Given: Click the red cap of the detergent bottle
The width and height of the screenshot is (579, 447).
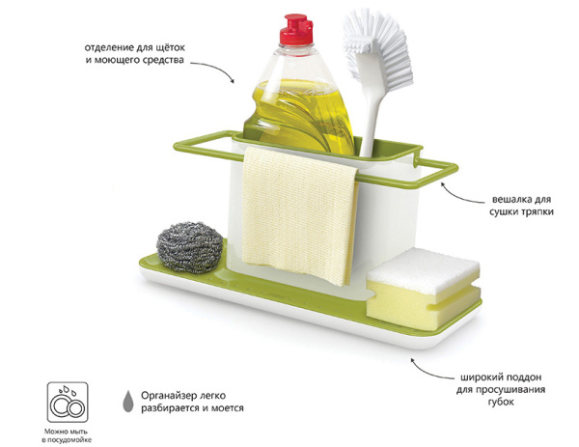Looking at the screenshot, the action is click(x=296, y=30).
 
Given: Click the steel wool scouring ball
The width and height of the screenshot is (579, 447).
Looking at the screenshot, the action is click(x=189, y=247).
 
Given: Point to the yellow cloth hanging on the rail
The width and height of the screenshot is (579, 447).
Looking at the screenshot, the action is click(x=299, y=215).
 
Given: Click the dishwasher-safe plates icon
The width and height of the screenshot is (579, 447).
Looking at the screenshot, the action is click(x=68, y=403).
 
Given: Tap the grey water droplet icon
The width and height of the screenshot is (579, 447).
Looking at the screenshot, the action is click(x=127, y=401).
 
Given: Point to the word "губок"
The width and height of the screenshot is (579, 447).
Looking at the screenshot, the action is click(x=501, y=403).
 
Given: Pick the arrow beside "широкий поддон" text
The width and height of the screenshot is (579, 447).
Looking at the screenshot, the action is click(x=431, y=370).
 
